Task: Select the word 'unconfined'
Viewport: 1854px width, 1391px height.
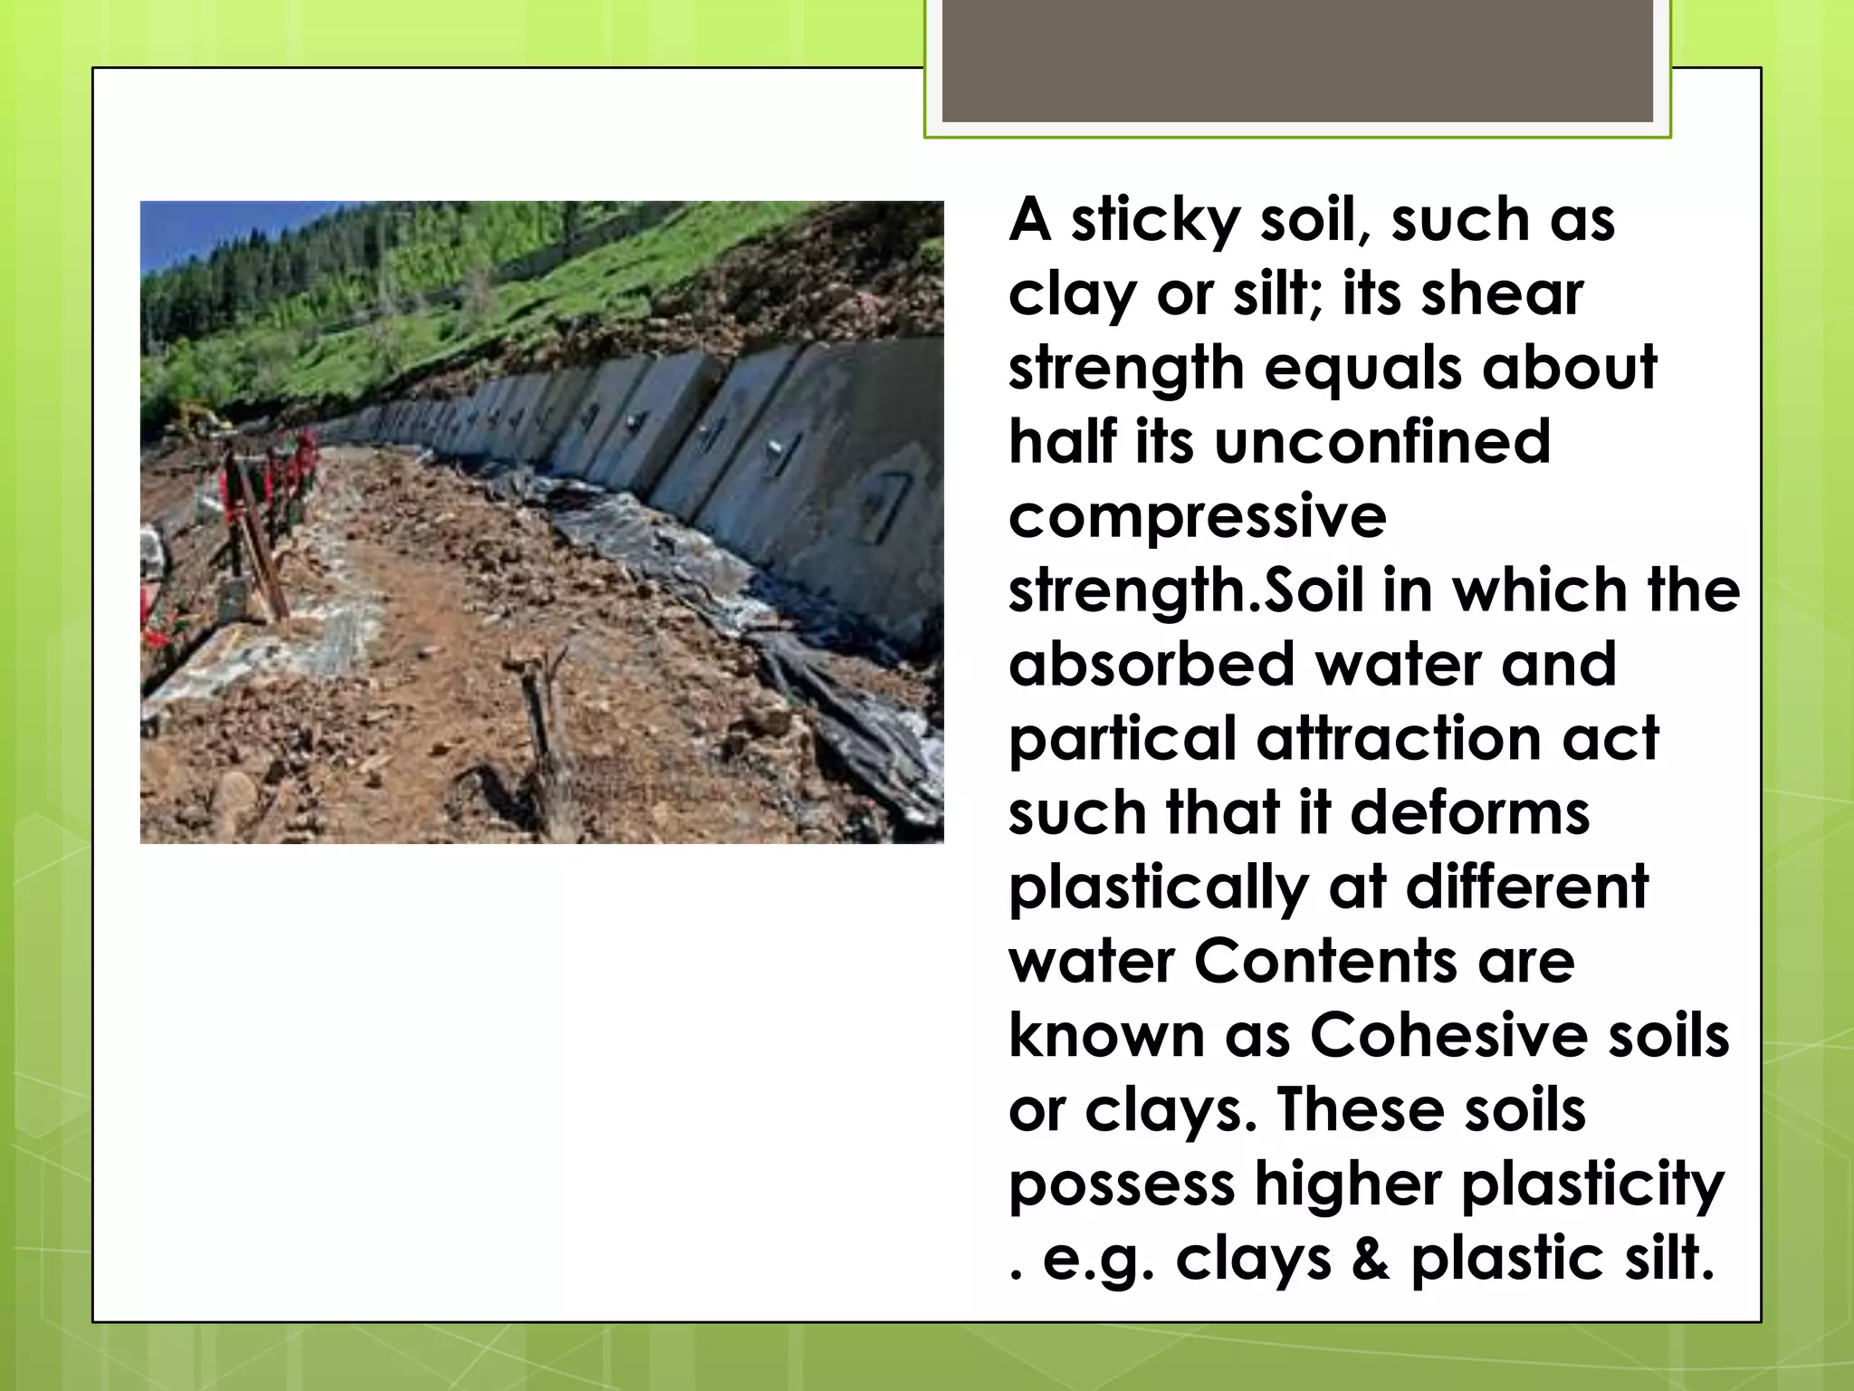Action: (x=1382, y=442)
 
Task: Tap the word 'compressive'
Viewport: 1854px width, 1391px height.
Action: (x=1197, y=516)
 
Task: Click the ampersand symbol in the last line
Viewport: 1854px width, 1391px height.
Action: (x=1371, y=1259)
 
